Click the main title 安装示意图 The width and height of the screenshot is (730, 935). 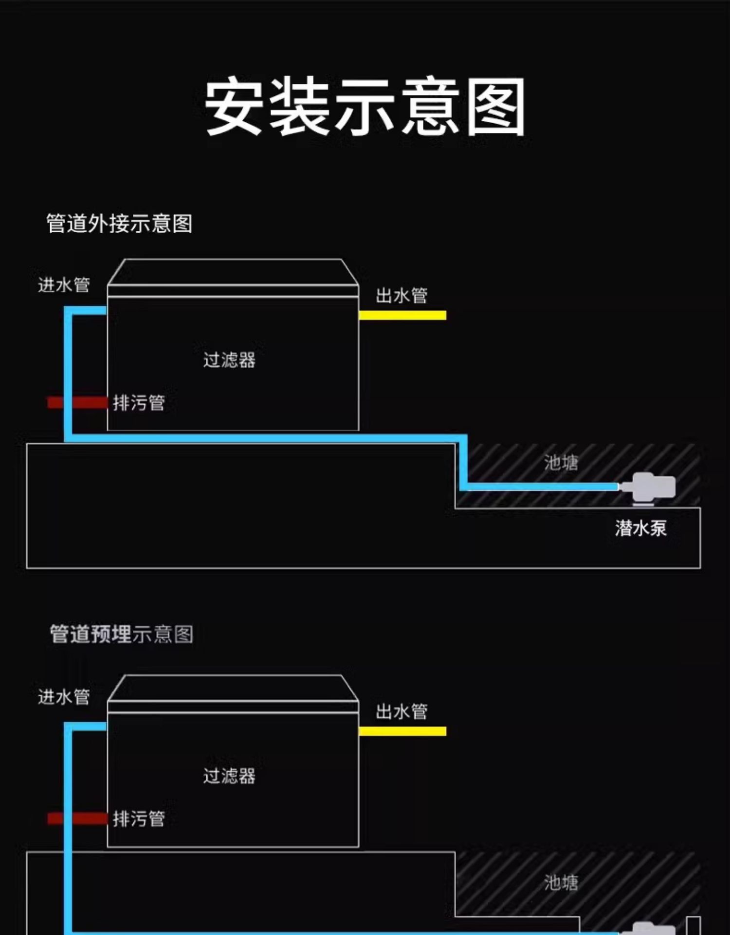[x=365, y=107]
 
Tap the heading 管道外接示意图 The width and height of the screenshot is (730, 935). [x=119, y=224]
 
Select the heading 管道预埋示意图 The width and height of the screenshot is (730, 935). [x=122, y=634]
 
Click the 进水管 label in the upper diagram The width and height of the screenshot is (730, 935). [x=64, y=285]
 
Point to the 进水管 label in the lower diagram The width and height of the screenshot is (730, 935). [x=64, y=697]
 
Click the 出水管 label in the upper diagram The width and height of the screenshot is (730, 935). [x=401, y=296]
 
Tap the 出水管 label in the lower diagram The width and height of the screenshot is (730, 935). [x=401, y=711]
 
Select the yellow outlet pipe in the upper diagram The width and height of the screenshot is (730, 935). [x=402, y=315]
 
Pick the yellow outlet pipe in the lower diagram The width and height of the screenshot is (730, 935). [x=402, y=731]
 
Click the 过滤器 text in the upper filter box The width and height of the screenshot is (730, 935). [x=229, y=360]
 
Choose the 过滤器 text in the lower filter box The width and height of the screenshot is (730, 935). [x=229, y=776]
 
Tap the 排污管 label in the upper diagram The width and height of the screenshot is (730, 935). [x=139, y=403]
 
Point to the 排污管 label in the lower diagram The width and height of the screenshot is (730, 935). [x=139, y=819]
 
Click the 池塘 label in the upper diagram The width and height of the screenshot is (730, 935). [x=561, y=462]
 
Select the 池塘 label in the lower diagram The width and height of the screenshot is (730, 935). [x=561, y=882]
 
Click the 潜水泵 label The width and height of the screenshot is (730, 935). [x=640, y=528]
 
